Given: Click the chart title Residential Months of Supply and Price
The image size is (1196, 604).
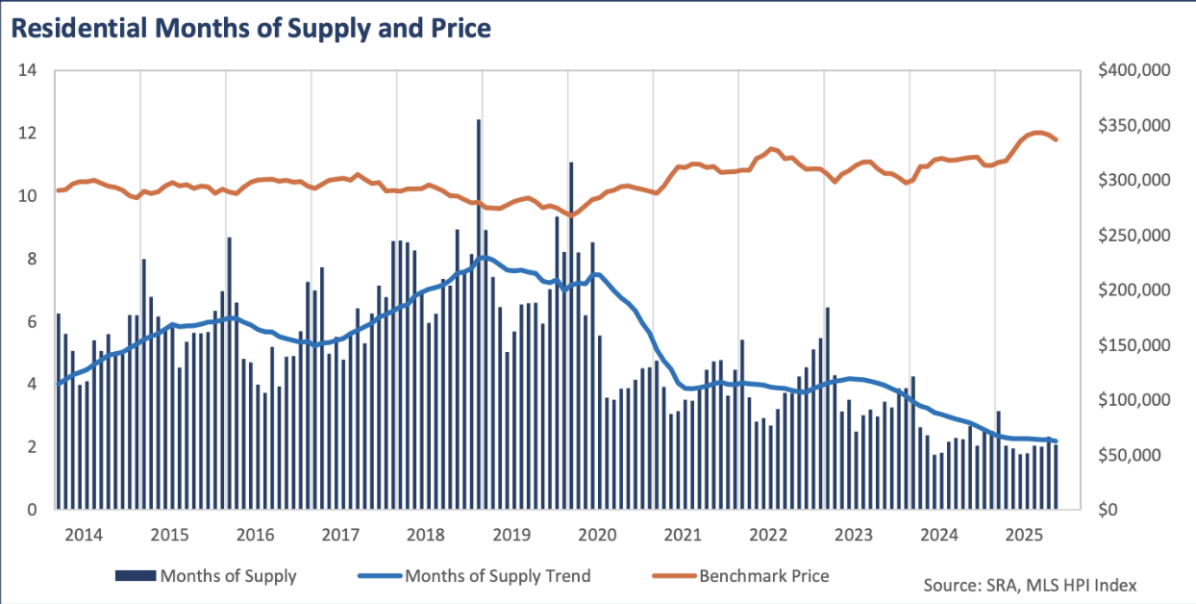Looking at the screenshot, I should pos(251,28).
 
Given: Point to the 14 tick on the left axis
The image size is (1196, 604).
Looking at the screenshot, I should pos(28,70).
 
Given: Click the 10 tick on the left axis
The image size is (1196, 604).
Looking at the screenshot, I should pos(28,196).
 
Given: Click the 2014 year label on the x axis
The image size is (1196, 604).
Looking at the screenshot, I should pos(84,535).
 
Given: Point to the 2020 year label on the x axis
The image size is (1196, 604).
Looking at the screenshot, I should pos(596,535).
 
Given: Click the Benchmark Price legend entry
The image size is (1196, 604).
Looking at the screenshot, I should pos(741,576).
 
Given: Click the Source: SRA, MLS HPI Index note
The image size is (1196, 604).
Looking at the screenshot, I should pos(1031,584).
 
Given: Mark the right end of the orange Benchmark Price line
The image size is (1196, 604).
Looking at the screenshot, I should pos(1057,140).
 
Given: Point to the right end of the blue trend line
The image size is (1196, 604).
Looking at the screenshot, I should pos(1057,441).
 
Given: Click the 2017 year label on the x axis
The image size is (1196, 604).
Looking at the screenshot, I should pos(340,535).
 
